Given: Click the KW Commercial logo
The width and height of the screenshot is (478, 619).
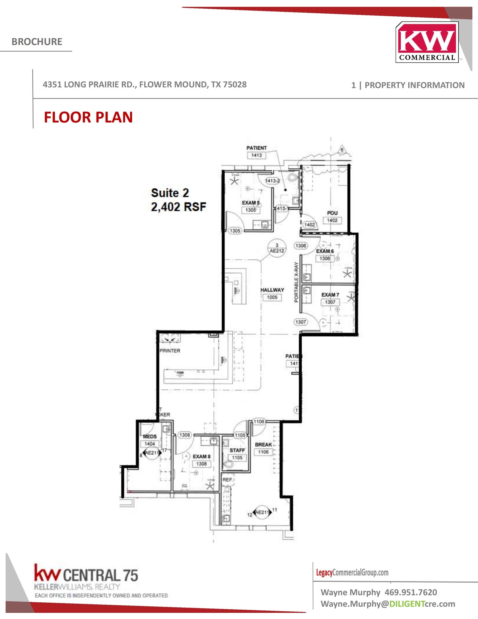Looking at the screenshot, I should [x=427, y=42].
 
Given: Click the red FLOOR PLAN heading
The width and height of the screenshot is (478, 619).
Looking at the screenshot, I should [x=88, y=117].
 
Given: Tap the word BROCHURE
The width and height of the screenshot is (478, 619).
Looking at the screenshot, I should [x=37, y=42].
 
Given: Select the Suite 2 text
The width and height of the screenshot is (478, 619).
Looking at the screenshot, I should [x=170, y=193].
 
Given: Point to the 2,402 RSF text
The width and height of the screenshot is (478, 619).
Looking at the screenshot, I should [x=178, y=207].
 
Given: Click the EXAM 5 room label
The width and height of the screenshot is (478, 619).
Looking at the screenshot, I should [x=251, y=203].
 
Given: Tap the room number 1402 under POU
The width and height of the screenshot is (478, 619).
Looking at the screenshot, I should [x=332, y=220].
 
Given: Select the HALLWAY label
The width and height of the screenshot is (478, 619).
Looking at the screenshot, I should [x=272, y=290].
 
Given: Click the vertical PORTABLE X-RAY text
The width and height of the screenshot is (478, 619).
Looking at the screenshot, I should [x=296, y=282].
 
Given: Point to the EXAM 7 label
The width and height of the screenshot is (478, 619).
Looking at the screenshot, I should [x=330, y=295].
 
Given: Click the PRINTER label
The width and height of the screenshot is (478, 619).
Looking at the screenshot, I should [x=170, y=351].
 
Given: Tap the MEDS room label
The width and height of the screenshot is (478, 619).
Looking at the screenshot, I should [x=150, y=436].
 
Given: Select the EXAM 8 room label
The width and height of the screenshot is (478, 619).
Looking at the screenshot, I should [x=201, y=456].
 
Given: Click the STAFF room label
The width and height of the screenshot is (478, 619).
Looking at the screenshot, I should [x=237, y=450].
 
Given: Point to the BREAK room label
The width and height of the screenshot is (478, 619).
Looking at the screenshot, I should [x=263, y=445].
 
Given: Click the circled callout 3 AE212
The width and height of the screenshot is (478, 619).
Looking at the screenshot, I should [x=277, y=248].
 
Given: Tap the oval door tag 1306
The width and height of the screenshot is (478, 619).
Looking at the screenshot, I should [x=301, y=246].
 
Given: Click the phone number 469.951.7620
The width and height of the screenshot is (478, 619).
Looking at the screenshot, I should [x=411, y=592].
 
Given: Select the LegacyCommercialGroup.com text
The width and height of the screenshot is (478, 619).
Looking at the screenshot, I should [x=352, y=572].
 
